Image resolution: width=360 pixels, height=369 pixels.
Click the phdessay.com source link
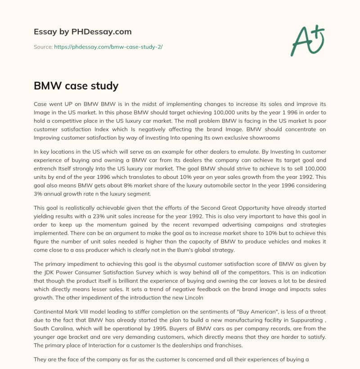(108, 46)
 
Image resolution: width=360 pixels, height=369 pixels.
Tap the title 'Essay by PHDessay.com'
(83, 32)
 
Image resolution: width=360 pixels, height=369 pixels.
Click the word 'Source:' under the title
(43, 46)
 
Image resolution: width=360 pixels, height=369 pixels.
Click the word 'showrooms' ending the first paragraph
(265, 138)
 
